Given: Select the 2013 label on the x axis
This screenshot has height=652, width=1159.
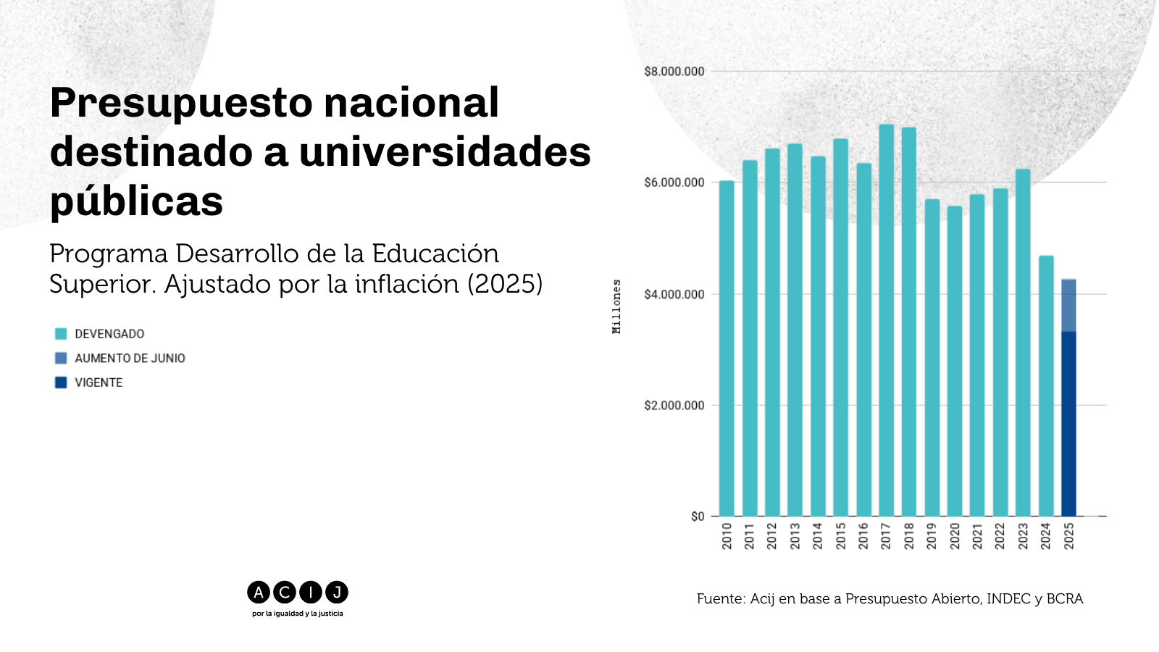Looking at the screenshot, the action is tap(796, 537).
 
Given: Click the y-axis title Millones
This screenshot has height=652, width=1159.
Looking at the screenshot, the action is tap(617, 307).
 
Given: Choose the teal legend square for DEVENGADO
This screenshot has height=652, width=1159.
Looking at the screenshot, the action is tap(61, 334).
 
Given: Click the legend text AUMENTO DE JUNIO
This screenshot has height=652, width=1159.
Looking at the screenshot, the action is tap(130, 359).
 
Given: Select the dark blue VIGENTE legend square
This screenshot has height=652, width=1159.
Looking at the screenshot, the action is tap(61, 383).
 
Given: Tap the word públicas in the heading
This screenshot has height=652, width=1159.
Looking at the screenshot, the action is tap(137, 202).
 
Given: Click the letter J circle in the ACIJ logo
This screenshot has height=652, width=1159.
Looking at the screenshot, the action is tap(338, 593).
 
